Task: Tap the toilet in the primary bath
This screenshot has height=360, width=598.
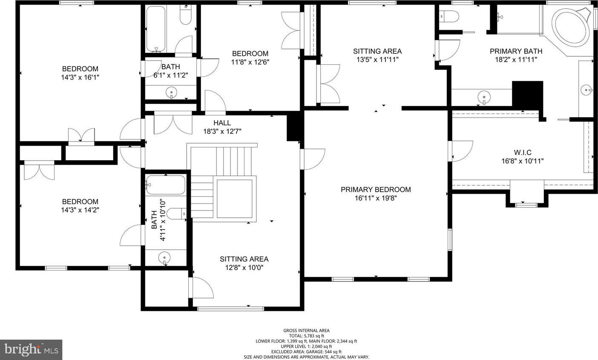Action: pyautogui.click(x=449, y=16)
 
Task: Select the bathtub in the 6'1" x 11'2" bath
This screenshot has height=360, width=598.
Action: pyautogui.click(x=156, y=29)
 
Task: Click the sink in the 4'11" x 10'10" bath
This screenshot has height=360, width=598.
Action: pyautogui.click(x=164, y=258)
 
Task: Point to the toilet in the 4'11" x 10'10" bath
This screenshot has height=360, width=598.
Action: pyautogui.click(x=176, y=213)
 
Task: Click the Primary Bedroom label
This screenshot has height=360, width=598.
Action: pyautogui.click(x=376, y=189)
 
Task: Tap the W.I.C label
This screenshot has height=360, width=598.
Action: pyautogui.click(x=523, y=153)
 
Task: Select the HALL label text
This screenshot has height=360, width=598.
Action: pyautogui.click(x=222, y=123)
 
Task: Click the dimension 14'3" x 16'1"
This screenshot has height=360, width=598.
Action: pyautogui.click(x=80, y=78)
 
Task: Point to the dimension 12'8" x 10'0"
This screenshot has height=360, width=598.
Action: pyautogui.click(x=244, y=268)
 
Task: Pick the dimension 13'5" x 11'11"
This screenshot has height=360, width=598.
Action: pyautogui.click(x=377, y=60)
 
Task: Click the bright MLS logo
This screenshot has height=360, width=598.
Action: pyautogui.click(x=31, y=350)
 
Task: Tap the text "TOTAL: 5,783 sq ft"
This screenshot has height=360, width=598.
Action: pyautogui.click(x=307, y=336)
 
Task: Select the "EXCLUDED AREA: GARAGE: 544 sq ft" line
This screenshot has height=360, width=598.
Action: pyautogui.click(x=307, y=352)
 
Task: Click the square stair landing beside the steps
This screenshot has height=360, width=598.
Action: pyautogui.click(x=235, y=199)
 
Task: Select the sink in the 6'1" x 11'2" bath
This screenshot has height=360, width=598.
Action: pyautogui.click(x=171, y=93)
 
